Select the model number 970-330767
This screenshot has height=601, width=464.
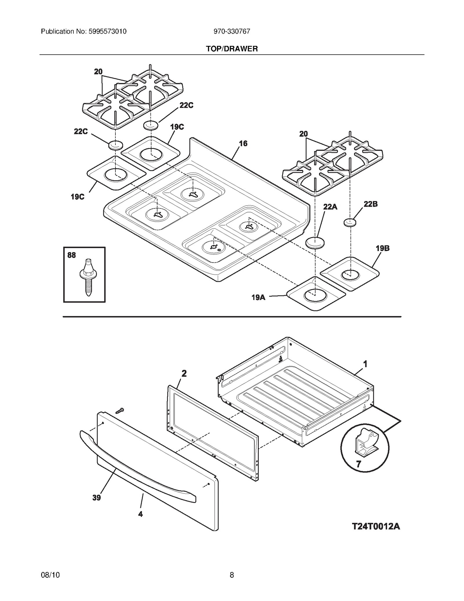coord(232,31)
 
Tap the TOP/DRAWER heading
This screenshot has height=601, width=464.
coord(232,49)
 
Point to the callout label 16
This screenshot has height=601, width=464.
coord(243,143)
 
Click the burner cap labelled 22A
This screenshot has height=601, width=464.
coord(315,243)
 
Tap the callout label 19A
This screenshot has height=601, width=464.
coord(258,297)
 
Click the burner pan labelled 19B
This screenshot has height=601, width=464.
coord(350,274)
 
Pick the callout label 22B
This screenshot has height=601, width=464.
coord(371,204)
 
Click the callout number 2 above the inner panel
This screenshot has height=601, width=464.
coord(184,373)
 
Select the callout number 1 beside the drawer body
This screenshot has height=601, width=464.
coord(365,364)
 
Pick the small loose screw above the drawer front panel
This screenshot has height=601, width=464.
coord(119,410)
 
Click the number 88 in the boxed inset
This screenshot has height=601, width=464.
coord(72,255)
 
